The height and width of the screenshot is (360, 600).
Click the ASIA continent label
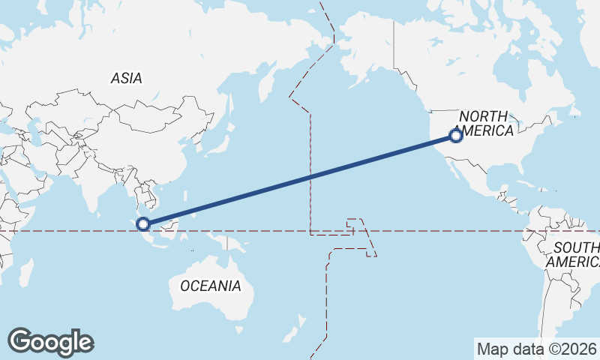click(126, 78)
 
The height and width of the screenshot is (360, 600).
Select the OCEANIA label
click(211, 286)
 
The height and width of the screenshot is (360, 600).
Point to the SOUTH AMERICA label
click(574, 255)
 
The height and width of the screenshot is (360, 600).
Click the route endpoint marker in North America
click(455, 136)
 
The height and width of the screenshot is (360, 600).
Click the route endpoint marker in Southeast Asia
click(143, 223)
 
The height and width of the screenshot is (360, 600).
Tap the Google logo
click(50, 342)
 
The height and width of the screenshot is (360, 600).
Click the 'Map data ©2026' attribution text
click(537, 349)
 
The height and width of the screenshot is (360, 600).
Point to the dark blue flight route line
click(300, 180)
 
